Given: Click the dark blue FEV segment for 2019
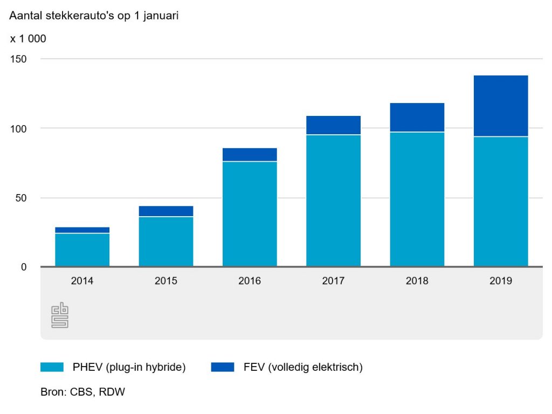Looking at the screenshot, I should [x=500, y=106].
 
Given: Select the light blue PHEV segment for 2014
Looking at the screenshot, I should [x=82, y=250].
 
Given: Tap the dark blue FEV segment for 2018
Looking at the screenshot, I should [x=417, y=117].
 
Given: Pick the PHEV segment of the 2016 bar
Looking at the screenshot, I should [x=250, y=213].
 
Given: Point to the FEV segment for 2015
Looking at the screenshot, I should [x=165, y=211].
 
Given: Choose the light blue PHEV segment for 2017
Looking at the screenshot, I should [x=333, y=200].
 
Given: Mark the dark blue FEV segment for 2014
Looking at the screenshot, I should [x=82, y=230].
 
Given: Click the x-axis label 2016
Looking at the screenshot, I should [x=250, y=281].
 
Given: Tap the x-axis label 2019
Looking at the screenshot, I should [x=500, y=281].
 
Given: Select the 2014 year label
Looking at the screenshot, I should [x=82, y=281].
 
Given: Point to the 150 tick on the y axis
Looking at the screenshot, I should [x=19, y=59].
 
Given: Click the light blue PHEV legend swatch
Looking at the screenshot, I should [x=52, y=368].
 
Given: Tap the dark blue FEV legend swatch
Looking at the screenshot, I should [x=223, y=368].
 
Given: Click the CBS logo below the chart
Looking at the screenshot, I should [x=60, y=315].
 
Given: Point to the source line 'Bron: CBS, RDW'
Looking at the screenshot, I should [x=82, y=392].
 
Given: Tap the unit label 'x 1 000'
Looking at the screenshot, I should [x=28, y=39].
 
